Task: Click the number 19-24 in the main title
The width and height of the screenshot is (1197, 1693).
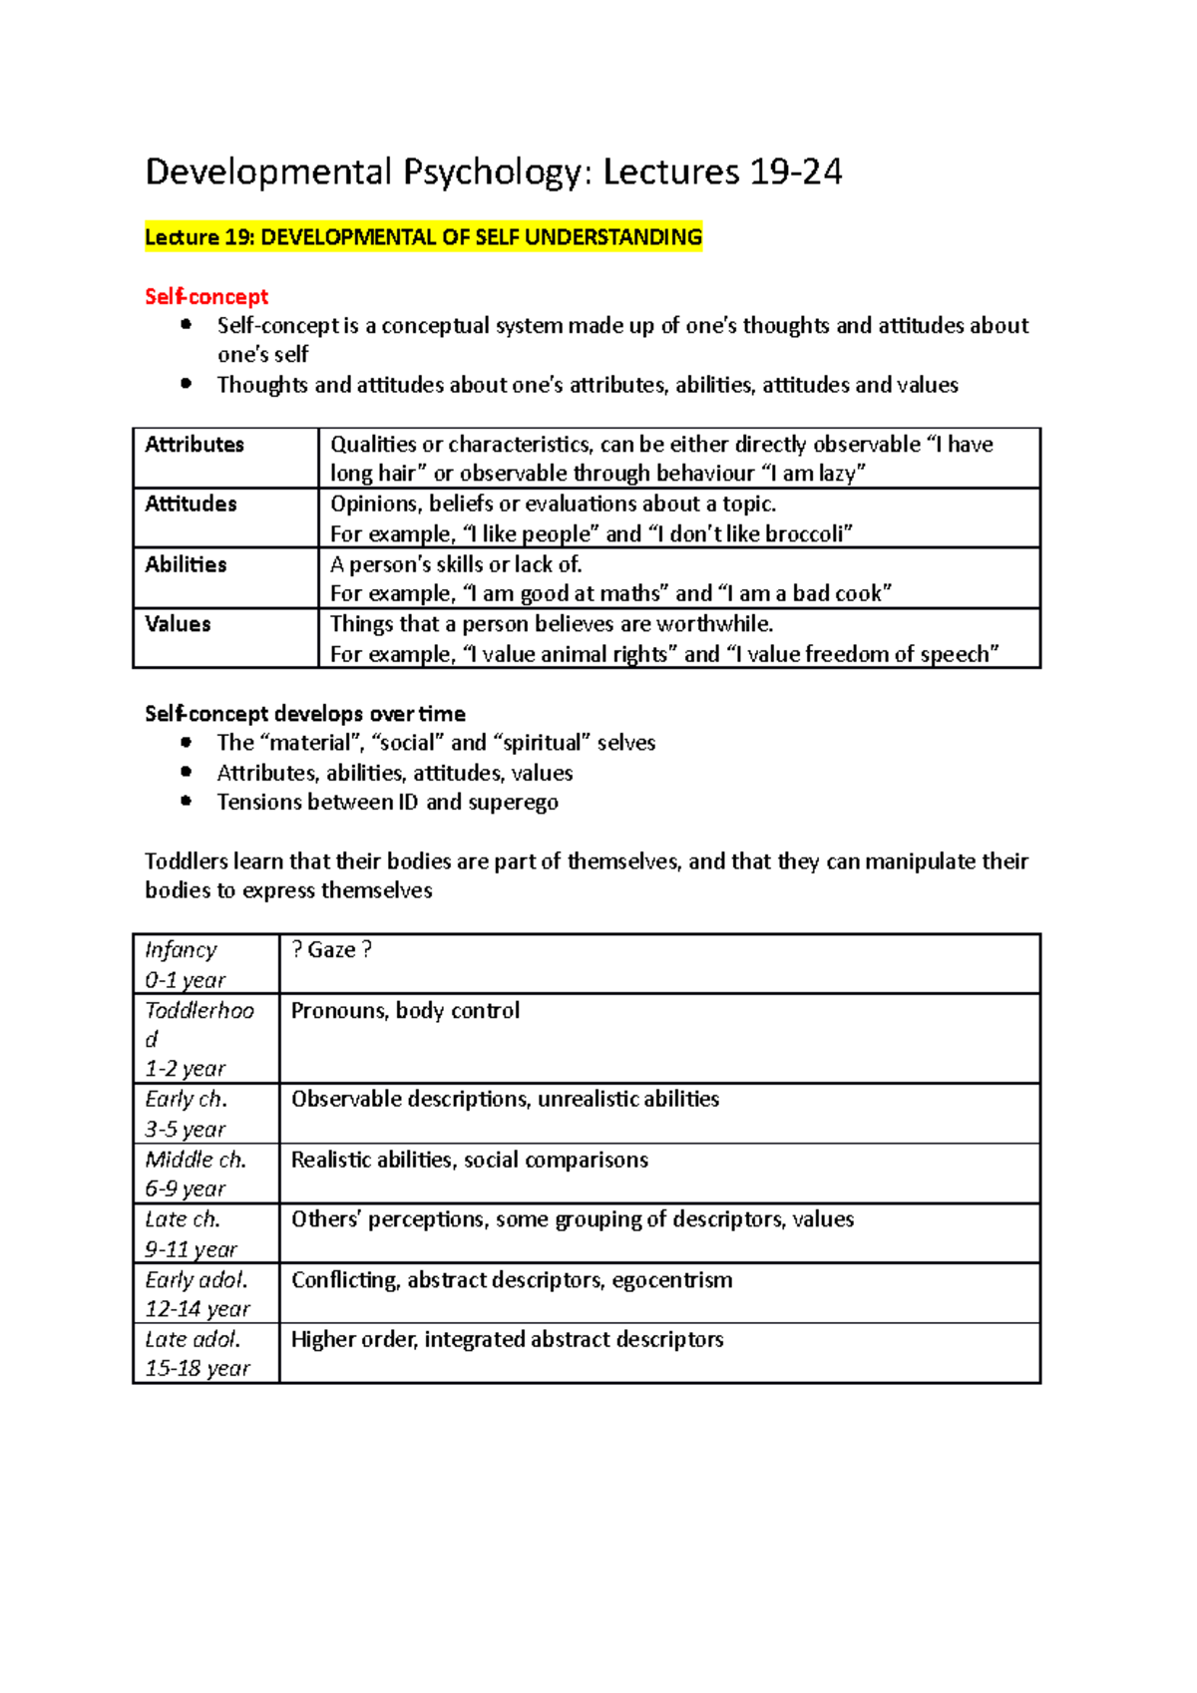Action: [795, 172]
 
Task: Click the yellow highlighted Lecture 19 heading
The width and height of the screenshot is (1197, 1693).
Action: [423, 237]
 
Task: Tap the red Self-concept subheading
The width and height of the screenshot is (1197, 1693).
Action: [205, 297]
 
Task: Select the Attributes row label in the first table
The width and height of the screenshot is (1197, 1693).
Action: [195, 445]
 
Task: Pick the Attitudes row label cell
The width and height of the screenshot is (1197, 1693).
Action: [191, 505]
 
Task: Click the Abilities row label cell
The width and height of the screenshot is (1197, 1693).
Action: [186, 564]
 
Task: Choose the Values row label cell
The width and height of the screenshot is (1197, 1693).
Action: [178, 624]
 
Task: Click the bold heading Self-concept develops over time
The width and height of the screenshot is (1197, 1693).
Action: [304, 714]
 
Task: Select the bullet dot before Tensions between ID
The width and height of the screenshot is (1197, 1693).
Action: [186, 801]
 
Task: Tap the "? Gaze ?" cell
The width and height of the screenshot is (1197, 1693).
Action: [331, 950]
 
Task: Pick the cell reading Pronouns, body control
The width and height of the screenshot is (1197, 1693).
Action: [405, 1011]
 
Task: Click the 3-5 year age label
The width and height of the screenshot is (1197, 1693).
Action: [185, 1130]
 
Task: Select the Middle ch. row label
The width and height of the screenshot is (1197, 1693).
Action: [196, 1160]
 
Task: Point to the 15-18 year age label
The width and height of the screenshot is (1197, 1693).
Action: [198, 1369]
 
